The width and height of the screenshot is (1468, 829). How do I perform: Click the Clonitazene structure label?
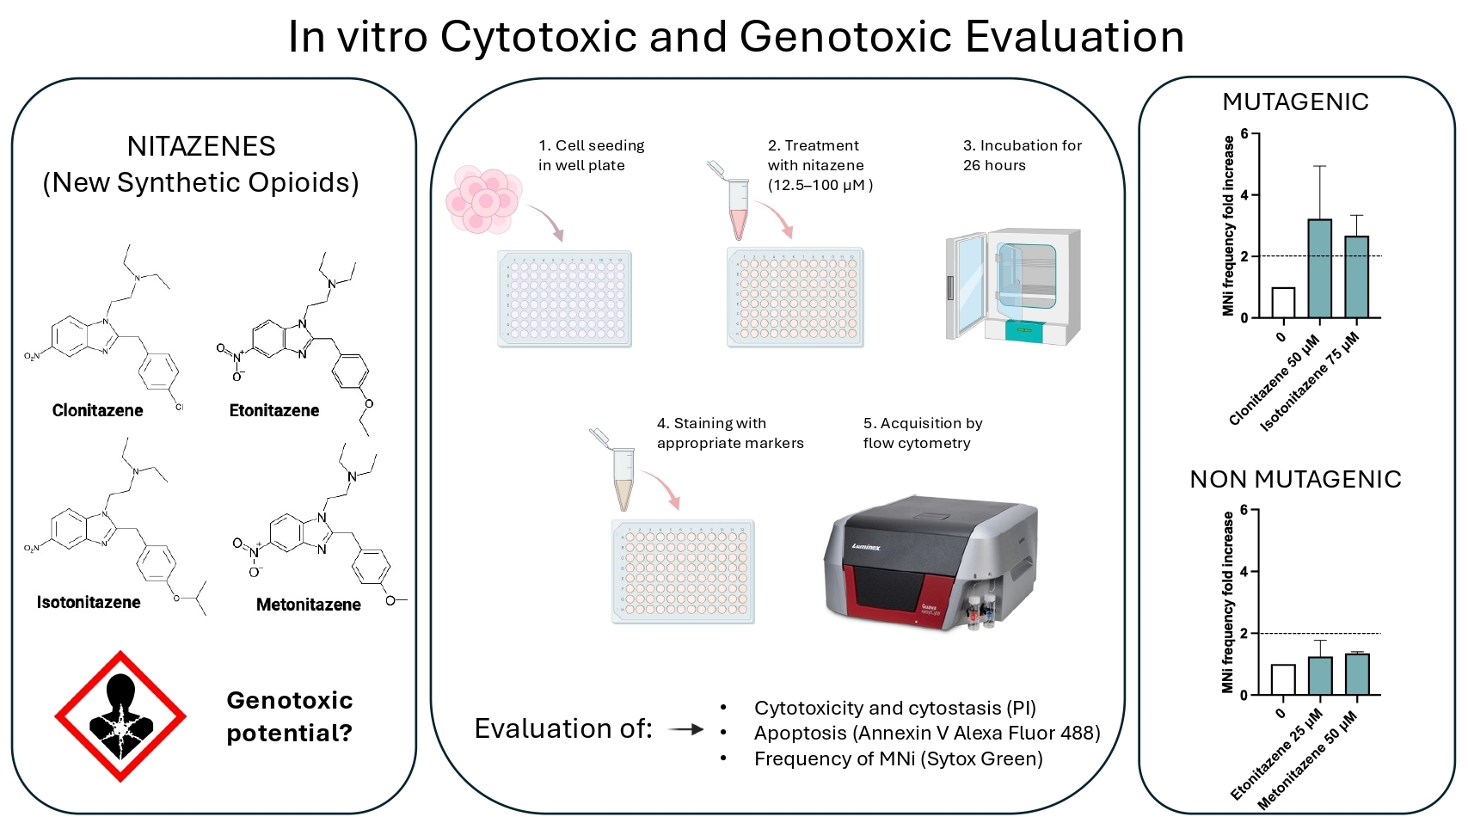[x=97, y=410]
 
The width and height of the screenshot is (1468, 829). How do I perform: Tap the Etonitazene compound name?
[x=273, y=410]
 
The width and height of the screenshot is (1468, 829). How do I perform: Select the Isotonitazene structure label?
[x=89, y=602]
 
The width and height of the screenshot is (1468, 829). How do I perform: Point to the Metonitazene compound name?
[x=308, y=605]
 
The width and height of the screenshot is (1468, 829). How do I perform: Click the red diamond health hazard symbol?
[x=120, y=715]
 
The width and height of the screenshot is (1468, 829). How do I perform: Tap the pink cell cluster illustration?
[x=483, y=200]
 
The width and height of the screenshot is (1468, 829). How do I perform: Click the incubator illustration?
[x=1013, y=286]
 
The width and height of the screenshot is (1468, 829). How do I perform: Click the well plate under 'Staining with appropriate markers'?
[x=683, y=571]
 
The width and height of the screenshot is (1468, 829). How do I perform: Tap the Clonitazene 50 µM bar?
[x=1319, y=268]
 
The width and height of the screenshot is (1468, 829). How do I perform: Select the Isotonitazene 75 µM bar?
[x=1356, y=277]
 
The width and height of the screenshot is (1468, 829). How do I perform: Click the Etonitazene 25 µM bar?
[x=1319, y=676]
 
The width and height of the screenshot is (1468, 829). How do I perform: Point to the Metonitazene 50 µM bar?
[x=1356, y=674]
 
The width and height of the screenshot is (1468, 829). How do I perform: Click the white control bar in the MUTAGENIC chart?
[x=1282, y=303]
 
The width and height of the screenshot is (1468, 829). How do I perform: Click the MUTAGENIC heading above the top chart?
[x=1295, y=101]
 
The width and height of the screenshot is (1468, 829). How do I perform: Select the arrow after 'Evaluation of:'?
[x=685, y=729]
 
